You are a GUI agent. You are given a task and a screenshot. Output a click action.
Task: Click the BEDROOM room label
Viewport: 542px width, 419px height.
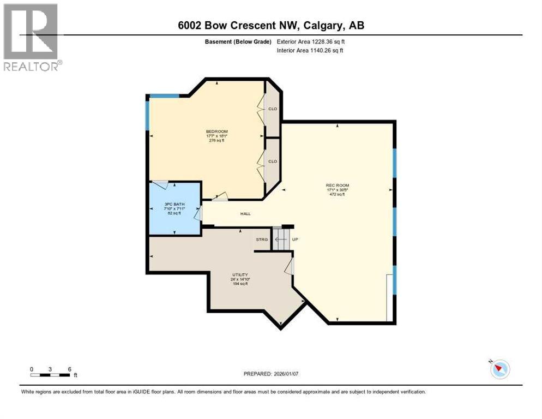[x=216, y=131]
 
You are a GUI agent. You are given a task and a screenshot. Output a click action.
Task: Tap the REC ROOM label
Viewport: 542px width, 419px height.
[x=338, y=185]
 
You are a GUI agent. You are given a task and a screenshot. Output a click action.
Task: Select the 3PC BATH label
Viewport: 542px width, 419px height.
[x=174, y=205]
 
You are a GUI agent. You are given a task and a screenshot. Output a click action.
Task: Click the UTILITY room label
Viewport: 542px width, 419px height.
[x=240, y=274]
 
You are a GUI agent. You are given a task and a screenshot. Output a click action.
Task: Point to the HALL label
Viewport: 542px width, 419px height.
[x=245, y=213]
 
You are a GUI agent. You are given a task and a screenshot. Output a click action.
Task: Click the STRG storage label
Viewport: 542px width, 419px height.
[x=262, y=240]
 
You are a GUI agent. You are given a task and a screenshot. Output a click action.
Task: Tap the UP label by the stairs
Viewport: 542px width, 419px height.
[x=296, y=240]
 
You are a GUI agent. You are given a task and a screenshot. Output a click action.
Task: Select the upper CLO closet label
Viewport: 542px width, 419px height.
[x=273, y=109]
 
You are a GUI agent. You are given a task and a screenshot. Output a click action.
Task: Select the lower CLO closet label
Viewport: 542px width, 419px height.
[x=273, y=161]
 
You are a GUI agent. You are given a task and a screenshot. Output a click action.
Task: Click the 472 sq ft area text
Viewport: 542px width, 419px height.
[x=338, y=194]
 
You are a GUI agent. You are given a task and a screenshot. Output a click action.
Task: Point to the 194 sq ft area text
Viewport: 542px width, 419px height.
[x=240, y=284]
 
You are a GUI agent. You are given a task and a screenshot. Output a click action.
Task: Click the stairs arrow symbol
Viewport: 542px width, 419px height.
[x=281, y=239]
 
